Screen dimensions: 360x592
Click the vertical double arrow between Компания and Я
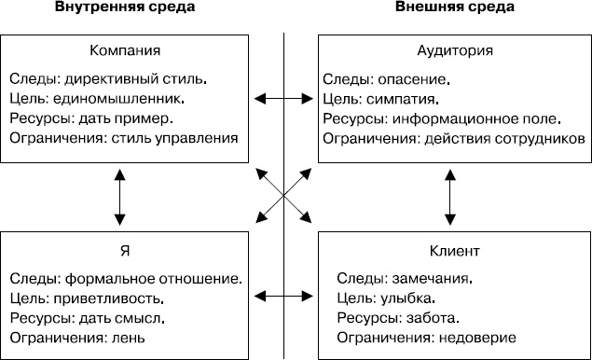(118, 197)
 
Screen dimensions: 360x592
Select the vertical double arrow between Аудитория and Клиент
(451, 197)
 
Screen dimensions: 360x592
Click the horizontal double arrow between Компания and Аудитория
(284, 96)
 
